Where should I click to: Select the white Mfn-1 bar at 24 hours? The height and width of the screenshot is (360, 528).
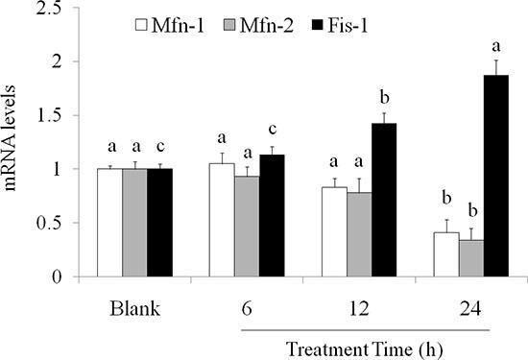pos(444,254)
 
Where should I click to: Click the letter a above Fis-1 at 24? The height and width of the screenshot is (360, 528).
pos(496,44)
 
